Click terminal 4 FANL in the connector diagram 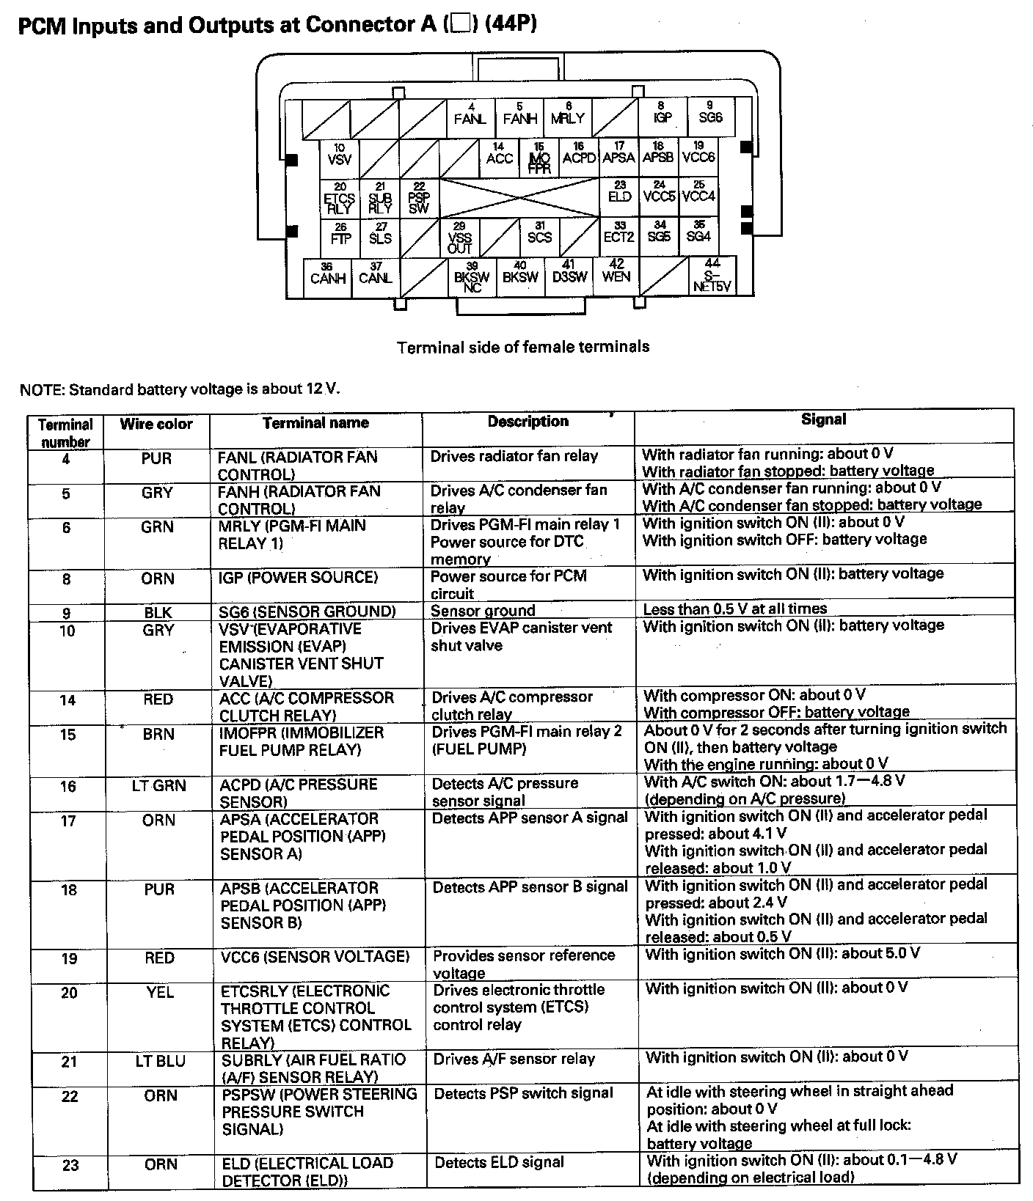click(470, 116)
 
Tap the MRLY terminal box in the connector click(567, 116)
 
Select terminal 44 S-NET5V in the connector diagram click(712, 276)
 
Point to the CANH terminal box click(327, 276)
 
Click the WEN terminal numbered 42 click(616, 272)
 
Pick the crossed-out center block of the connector click(519, 197)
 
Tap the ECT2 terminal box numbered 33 click(619, 235)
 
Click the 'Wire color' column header click(156, 425)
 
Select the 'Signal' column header click(823, 419)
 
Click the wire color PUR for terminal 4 click(156, 458)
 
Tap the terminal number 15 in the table click(67, 734)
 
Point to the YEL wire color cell click(160, 993)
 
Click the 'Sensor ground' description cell click(483, 611)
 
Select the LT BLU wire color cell click(160, 1061)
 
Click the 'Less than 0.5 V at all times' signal click(734, 609)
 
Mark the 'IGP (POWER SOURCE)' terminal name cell click(298, 578)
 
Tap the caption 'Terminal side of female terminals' click(523, 347)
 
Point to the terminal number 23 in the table click(70, 1165)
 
